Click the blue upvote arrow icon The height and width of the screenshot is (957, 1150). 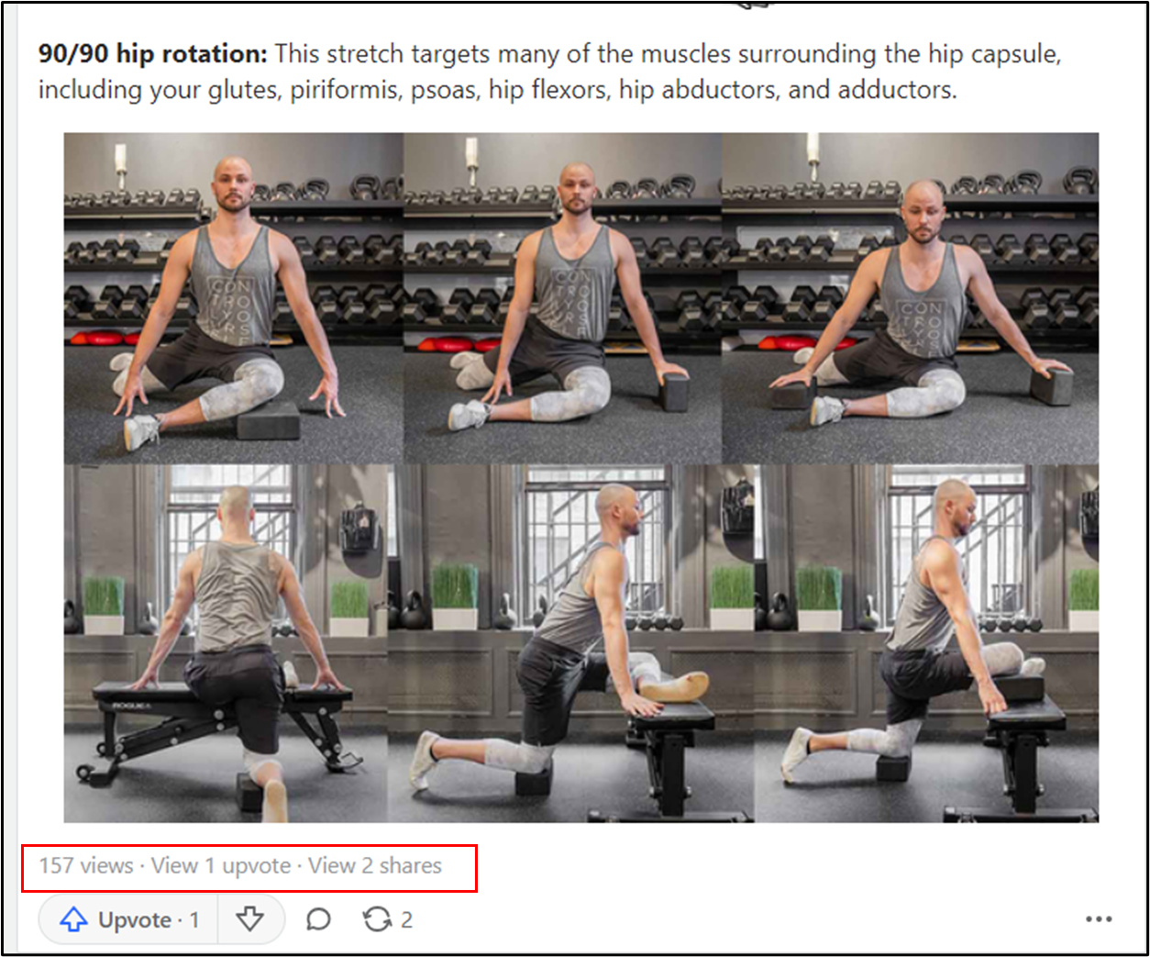73,919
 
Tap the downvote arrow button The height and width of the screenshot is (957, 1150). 249,919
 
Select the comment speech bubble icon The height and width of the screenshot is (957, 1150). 318,919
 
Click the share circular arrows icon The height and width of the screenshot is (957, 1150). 377,919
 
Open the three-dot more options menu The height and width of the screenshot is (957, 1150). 1099,919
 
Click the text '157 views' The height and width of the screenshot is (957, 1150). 86,866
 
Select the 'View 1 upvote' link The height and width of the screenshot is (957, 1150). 221,866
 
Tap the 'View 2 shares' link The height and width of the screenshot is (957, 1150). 374,866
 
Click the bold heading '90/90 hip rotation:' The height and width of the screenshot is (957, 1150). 152,54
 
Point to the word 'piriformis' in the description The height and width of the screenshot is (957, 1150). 344,90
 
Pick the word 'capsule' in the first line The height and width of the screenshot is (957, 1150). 1014,54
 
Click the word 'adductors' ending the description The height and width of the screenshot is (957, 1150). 897,90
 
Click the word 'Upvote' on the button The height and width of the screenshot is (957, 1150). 135,920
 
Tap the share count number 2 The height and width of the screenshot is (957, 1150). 406,920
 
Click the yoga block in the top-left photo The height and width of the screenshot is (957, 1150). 268,420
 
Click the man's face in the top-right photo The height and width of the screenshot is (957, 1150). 923,215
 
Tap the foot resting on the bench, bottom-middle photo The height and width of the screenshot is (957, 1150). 675,686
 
